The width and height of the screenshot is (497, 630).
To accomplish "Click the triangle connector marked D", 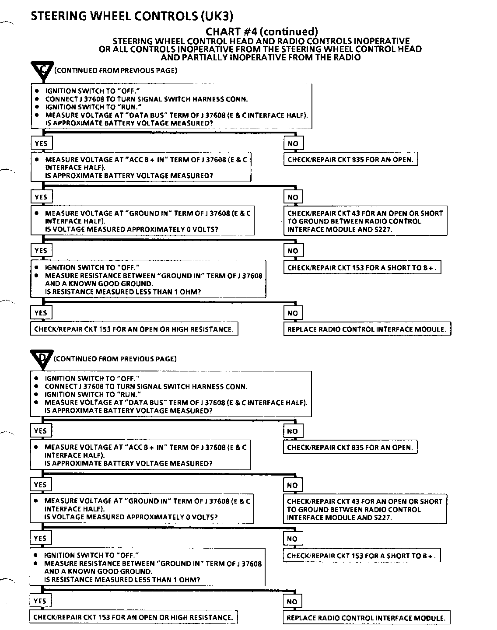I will point(42,358).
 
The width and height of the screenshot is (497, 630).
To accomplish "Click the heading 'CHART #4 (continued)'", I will point(261,31).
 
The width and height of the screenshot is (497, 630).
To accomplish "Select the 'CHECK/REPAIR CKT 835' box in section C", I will point(350,159).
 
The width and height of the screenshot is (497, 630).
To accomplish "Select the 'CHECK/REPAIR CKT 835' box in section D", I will point(350,447).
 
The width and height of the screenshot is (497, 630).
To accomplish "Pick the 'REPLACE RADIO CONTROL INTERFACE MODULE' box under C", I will point(367,329).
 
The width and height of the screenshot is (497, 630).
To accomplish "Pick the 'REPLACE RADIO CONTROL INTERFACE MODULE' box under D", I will point(366,618).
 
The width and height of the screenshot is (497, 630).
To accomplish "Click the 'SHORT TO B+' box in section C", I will point(362,267).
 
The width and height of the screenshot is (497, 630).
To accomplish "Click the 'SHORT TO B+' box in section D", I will point(361,556).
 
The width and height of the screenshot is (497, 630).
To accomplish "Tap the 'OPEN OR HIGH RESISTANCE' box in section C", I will point(134,329).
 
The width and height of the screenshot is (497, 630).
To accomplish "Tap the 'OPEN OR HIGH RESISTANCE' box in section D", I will point(133,617).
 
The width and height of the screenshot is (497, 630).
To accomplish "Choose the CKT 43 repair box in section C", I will point(365,221).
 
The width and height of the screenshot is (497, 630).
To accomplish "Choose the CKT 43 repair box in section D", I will point(365,509).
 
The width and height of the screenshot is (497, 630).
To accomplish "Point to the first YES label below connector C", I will point(41,143).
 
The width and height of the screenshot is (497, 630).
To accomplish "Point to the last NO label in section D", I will point(292,602).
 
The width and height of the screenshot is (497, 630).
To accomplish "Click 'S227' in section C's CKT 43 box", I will point(383,229).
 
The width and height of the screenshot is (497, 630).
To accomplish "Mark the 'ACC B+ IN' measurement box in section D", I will point(140,455).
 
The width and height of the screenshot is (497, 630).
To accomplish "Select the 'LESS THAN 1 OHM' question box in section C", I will point(148,279).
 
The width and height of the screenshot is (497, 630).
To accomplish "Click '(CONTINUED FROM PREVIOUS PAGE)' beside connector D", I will point(115,359).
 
